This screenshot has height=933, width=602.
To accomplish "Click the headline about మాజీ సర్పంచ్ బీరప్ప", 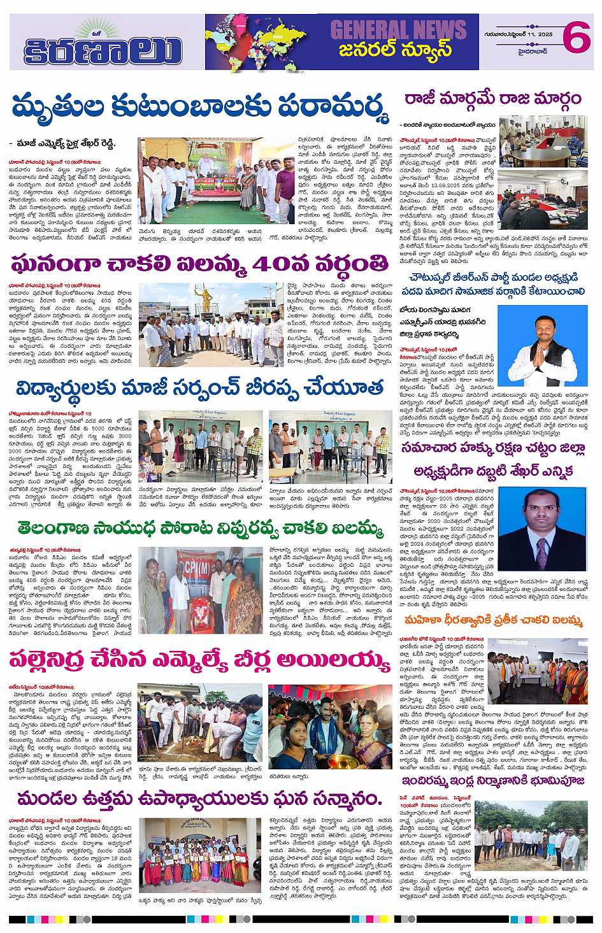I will pos(199,387).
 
